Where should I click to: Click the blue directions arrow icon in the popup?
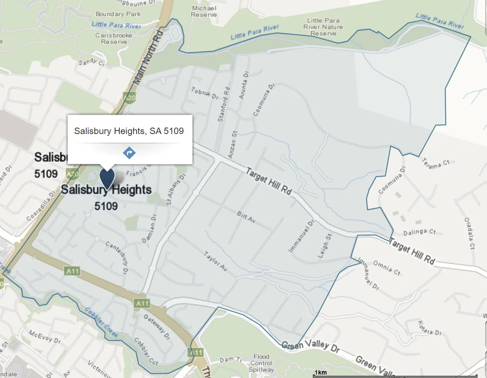129,153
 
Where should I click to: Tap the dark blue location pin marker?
107,178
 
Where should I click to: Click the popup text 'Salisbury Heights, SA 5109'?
129,131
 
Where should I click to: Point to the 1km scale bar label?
320,372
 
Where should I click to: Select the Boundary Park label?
118,14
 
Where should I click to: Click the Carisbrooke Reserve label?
114,38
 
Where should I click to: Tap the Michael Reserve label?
204,11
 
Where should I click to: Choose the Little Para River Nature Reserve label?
323,27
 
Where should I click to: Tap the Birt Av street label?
247,216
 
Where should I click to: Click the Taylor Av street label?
215,261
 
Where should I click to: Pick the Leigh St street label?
325,246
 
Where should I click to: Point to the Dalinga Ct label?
421,232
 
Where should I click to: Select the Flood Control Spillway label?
261,363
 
